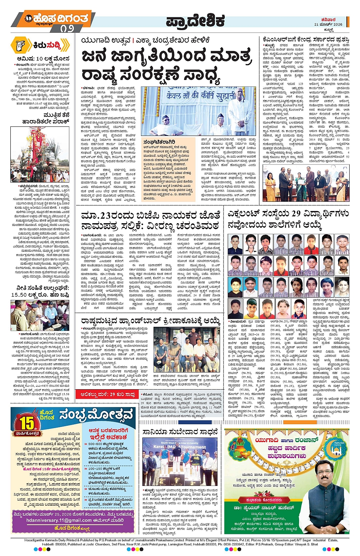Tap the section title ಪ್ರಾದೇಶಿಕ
(x=195, y=21)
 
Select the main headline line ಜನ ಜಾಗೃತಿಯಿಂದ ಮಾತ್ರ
(x=167, y=56)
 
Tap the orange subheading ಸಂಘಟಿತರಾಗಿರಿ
(x=160, y=142)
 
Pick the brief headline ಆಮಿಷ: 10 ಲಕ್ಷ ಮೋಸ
(x=43, y=59)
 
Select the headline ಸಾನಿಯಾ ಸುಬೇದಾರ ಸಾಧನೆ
(x=180, y=432)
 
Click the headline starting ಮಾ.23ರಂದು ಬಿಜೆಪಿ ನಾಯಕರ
(x=150, y=215)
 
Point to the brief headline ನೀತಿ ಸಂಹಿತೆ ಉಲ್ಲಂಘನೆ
(x=40, y=288)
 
